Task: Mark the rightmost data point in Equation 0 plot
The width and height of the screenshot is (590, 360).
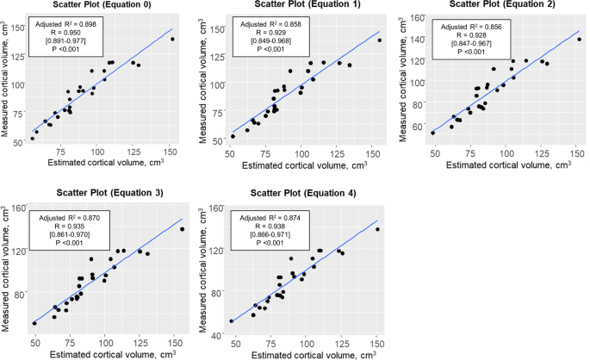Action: coord(172,39)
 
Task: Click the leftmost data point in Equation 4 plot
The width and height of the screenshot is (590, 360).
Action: coord(232,321)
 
